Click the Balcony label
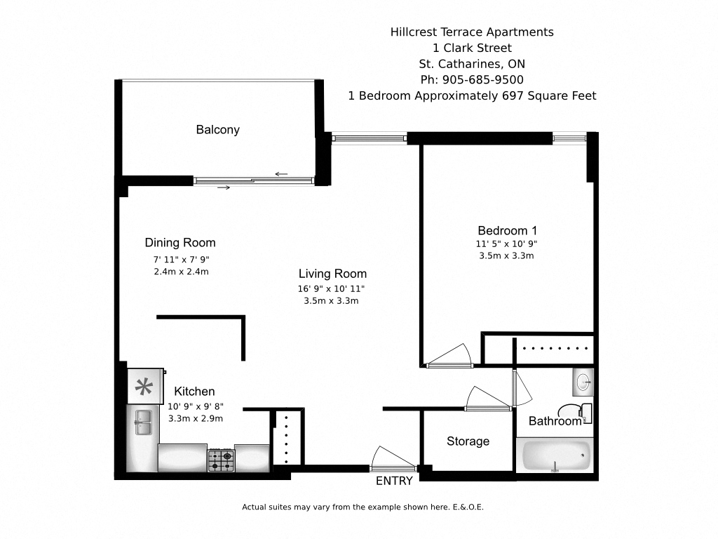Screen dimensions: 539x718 [217, 130]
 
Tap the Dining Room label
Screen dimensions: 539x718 [180, 243]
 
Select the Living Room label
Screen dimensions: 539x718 [332, 274]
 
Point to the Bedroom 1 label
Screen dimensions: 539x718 [507, 231]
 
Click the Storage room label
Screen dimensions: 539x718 [468, 441]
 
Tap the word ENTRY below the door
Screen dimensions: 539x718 [394, 481]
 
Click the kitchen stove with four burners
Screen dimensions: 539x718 [220, 460]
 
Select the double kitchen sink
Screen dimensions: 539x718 [144, 422]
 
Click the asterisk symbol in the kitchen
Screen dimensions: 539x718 [143, 387]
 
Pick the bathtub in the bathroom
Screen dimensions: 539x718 [555, 456]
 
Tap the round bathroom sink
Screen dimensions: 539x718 [583, 382]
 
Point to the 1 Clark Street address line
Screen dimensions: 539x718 [472, 48]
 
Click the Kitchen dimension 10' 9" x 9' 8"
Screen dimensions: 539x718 [196, 406]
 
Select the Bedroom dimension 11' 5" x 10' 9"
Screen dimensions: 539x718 [506, 244]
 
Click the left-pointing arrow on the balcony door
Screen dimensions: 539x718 [282, 174]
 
